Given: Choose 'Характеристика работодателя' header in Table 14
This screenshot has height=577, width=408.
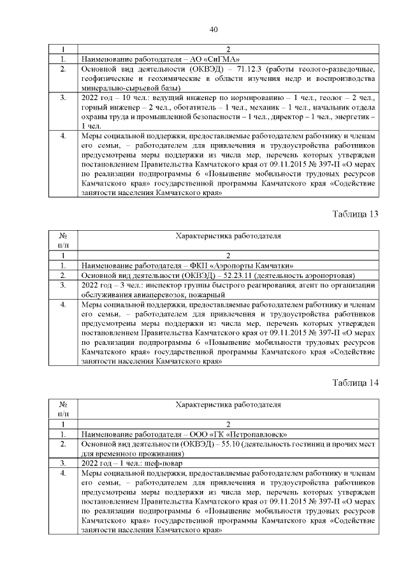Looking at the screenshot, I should [228, 404].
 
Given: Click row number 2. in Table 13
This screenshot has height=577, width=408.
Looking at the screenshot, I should [63, 275].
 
